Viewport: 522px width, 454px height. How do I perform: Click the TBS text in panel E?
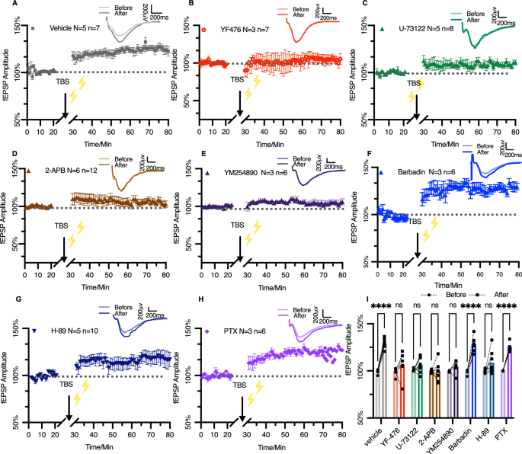click(x=239, y=225)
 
